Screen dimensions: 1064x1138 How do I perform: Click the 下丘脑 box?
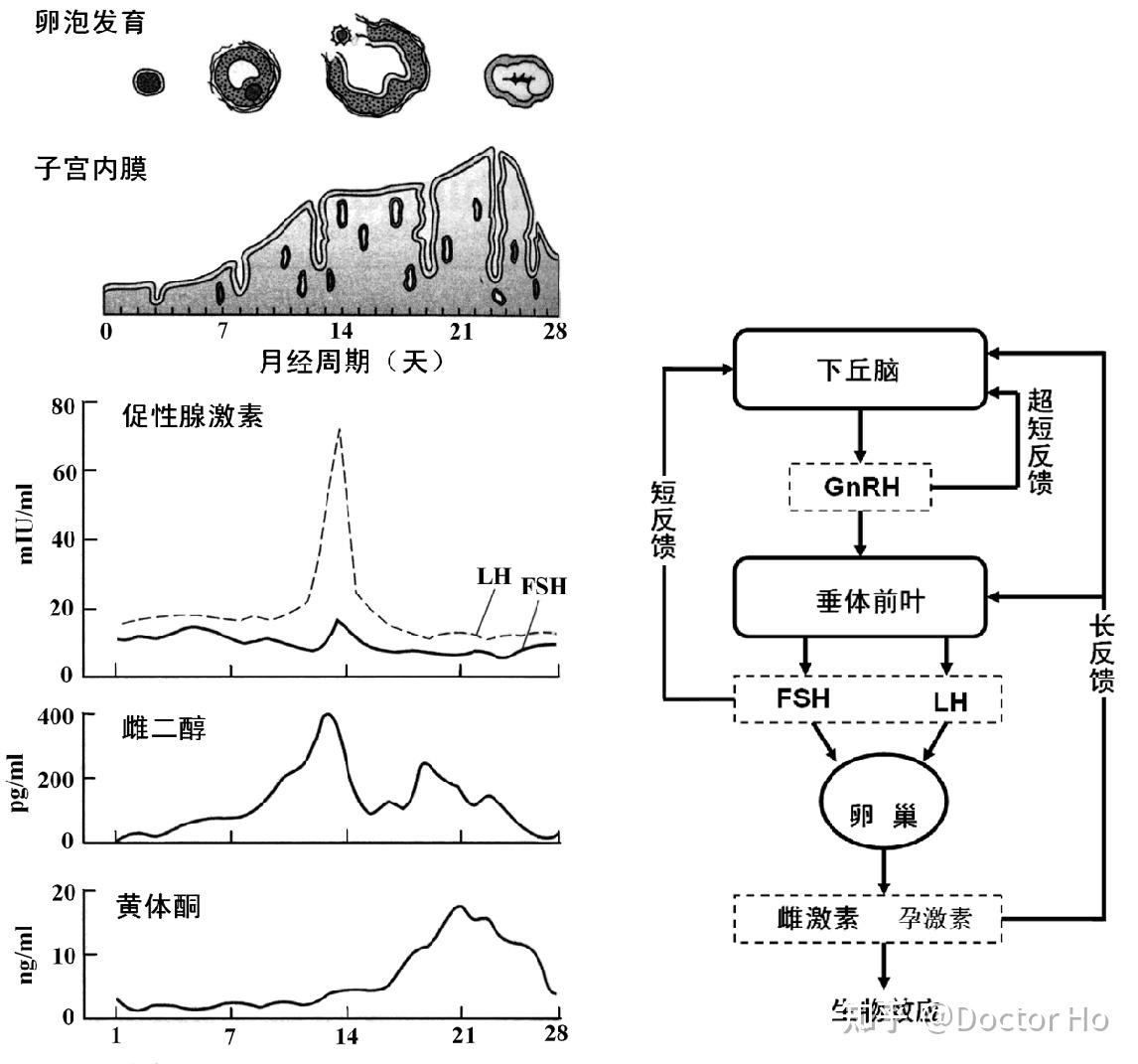click(860, 371)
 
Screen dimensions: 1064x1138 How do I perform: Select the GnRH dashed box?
click(860, 487)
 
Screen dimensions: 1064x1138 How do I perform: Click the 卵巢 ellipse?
click(883, 816)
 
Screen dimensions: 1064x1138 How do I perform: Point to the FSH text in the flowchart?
click(802, 697)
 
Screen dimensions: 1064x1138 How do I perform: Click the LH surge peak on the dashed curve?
click(340, 430)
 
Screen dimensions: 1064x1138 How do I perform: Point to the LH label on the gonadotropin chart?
click(493, 576)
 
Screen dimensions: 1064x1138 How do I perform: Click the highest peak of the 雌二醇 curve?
click(328, 714)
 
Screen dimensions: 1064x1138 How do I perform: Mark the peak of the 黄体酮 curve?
click(460, 906)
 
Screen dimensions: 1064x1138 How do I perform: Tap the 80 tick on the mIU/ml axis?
click(63, 406)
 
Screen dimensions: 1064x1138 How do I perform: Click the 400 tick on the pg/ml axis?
click(55, 716)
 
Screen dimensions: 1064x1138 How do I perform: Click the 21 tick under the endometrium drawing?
click(461, 332)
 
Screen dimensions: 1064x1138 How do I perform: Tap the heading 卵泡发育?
click(89, 21)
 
